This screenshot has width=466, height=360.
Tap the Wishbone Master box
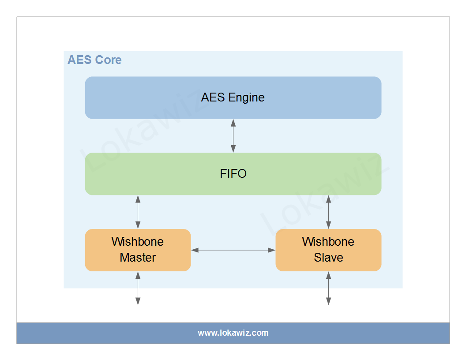click(x=138, y=250)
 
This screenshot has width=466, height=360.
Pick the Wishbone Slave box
click(x=328, y=250)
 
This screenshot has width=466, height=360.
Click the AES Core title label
click(x=94, y=60)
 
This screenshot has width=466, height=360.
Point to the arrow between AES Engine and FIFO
click(x=233, y=135)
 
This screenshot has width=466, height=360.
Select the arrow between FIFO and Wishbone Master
click(x=138, y=212)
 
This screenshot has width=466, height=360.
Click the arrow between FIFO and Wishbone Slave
click(x=328, y=212)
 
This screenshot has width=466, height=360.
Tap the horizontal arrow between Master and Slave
click(x=233, y=250)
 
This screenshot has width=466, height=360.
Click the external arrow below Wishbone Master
click(x=138, y=288)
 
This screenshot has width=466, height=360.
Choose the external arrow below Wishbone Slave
click(x=328, y=288)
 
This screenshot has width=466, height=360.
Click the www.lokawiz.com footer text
click(x=233, y=333)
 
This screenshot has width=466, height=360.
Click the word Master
click(x=138, y=257)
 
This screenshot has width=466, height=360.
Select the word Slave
click(x=328, y=257)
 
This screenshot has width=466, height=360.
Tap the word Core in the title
click(x=108, y=60)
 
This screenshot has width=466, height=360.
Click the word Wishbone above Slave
click(x=328, y=242)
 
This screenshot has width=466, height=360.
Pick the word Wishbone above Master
click(x=138, y=242)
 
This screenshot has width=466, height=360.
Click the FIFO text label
click(x=233, y=174)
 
